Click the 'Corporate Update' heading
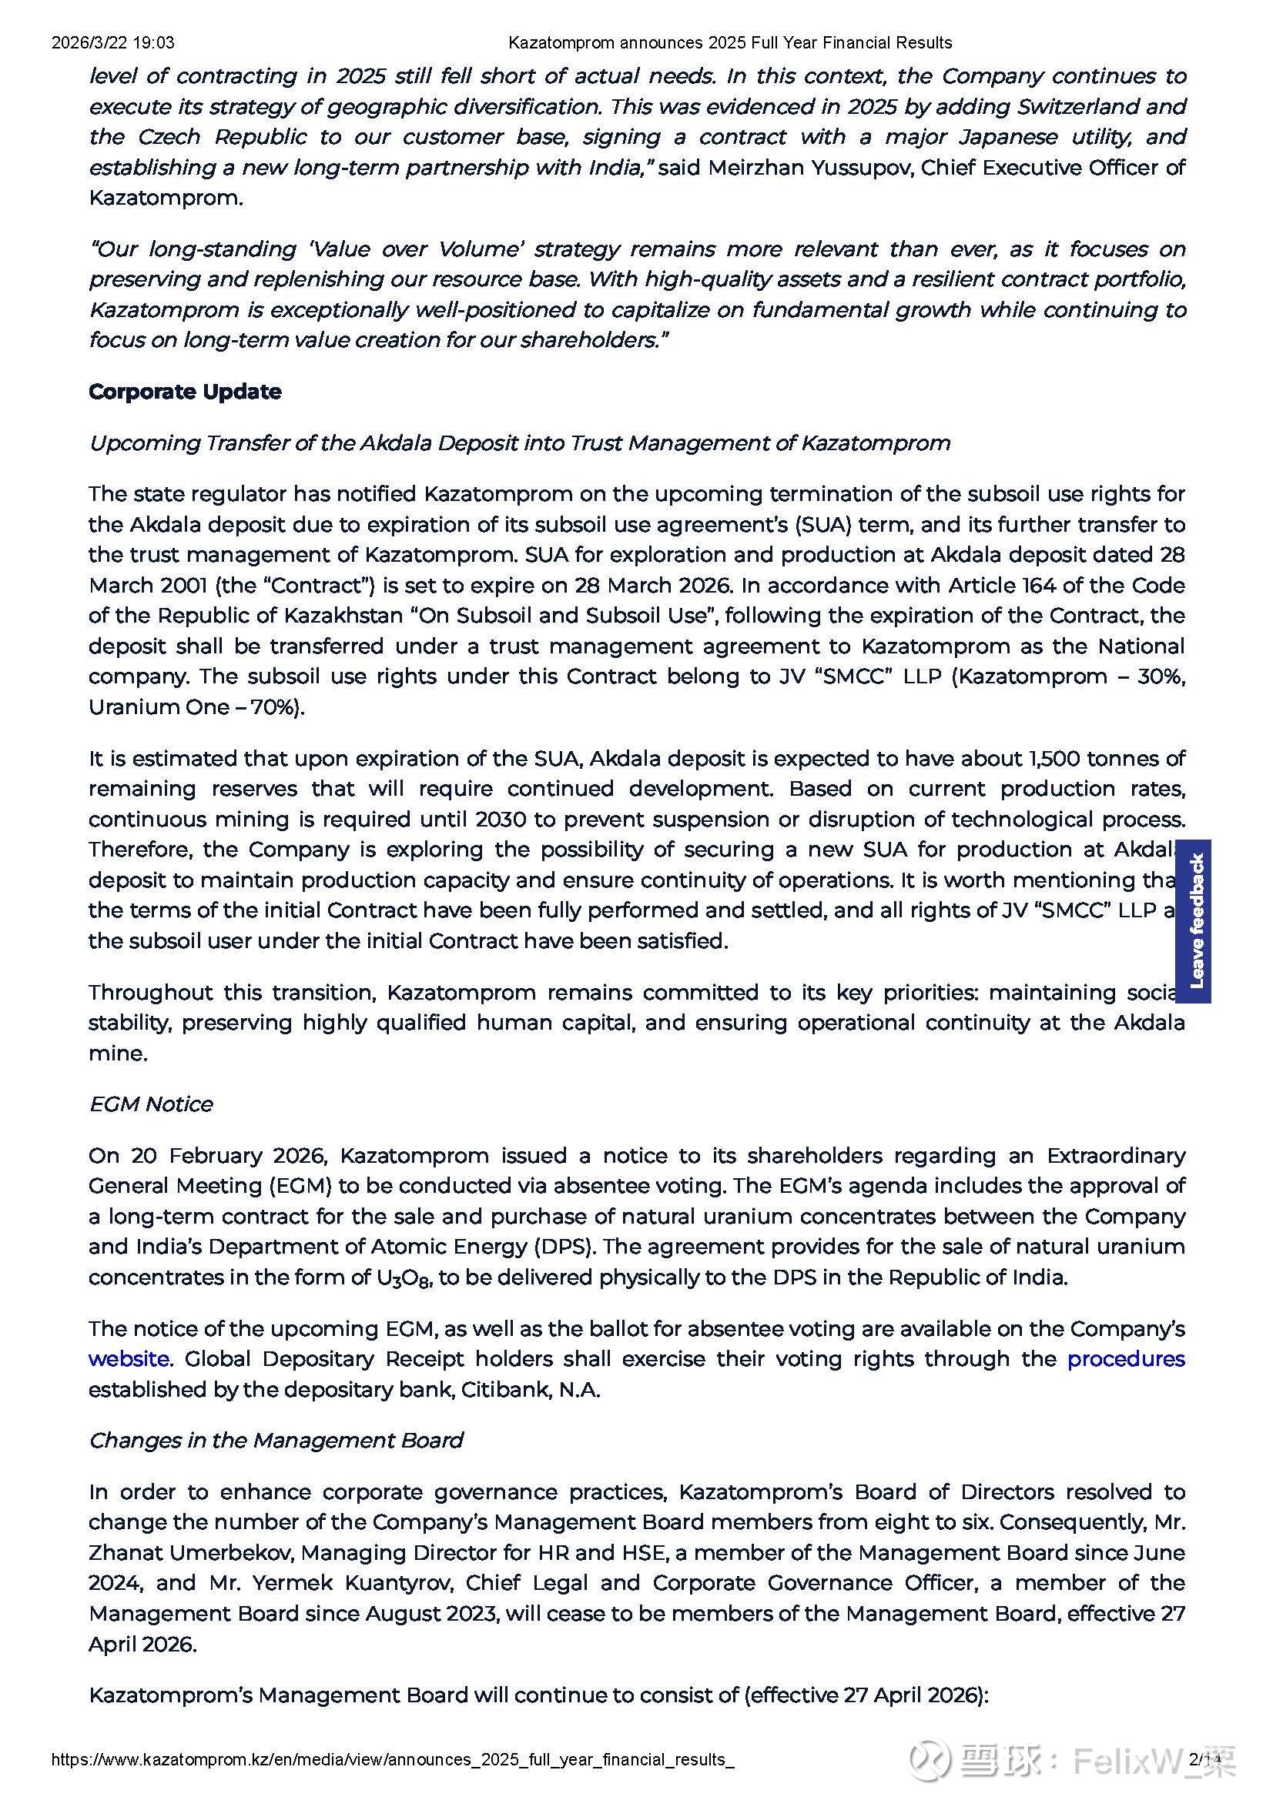(184, 392)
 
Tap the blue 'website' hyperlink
(128, 1358)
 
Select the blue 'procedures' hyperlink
(1126, 1358)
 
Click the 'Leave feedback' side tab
(1196, 920)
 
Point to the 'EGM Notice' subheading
(151, 1104)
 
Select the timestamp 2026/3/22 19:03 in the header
(113, 43)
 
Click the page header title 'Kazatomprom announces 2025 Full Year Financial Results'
(729, 43)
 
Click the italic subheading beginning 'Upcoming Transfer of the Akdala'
(518, 443)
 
